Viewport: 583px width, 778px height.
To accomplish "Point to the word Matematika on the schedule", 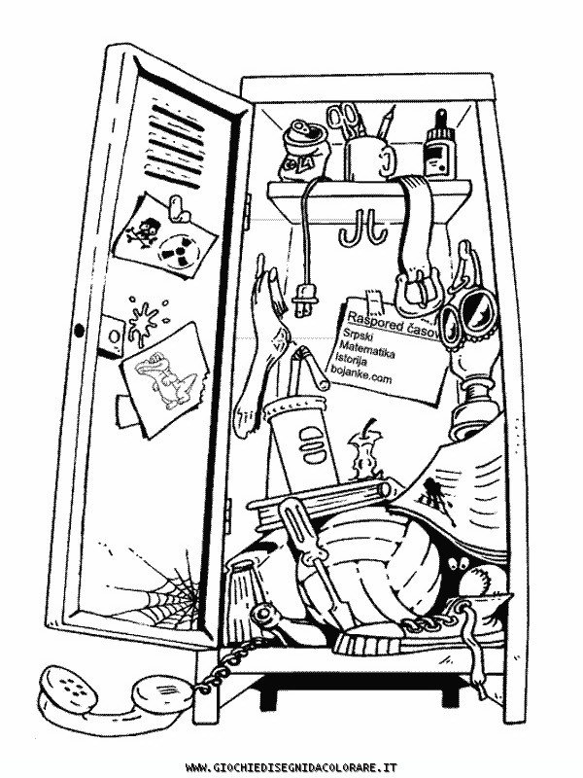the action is click(369, 347).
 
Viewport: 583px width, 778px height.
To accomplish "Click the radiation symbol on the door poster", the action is click(177, 253).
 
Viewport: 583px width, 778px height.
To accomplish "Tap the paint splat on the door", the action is click(144, 318).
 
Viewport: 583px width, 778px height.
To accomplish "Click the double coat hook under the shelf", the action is click(356, 228).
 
